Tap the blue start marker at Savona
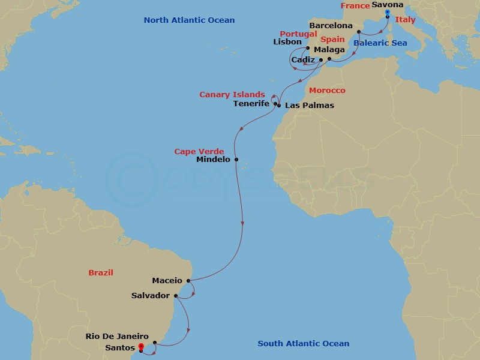click(x=388, y=12)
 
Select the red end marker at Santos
click(x=141, y=346)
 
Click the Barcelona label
click(x=331, y=26)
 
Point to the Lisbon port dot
click(x=308, y=49)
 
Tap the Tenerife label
click(x=251, y=103)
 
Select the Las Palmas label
click(x=309, y=106)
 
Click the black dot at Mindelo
click(x=236, y=160)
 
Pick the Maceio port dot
click(x=188, y=280)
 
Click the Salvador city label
click(x=151, y=296)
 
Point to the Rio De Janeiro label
click(x=117, y=337)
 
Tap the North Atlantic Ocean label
click(x=189, y=20)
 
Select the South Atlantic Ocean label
click(x=303, y=344)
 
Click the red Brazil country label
click(x=101, y=272)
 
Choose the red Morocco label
click(x=327, y=91)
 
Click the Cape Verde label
click(x=199, y=152)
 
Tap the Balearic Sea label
click(x=380, y=43)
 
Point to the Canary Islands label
click(x=232, y=95)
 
